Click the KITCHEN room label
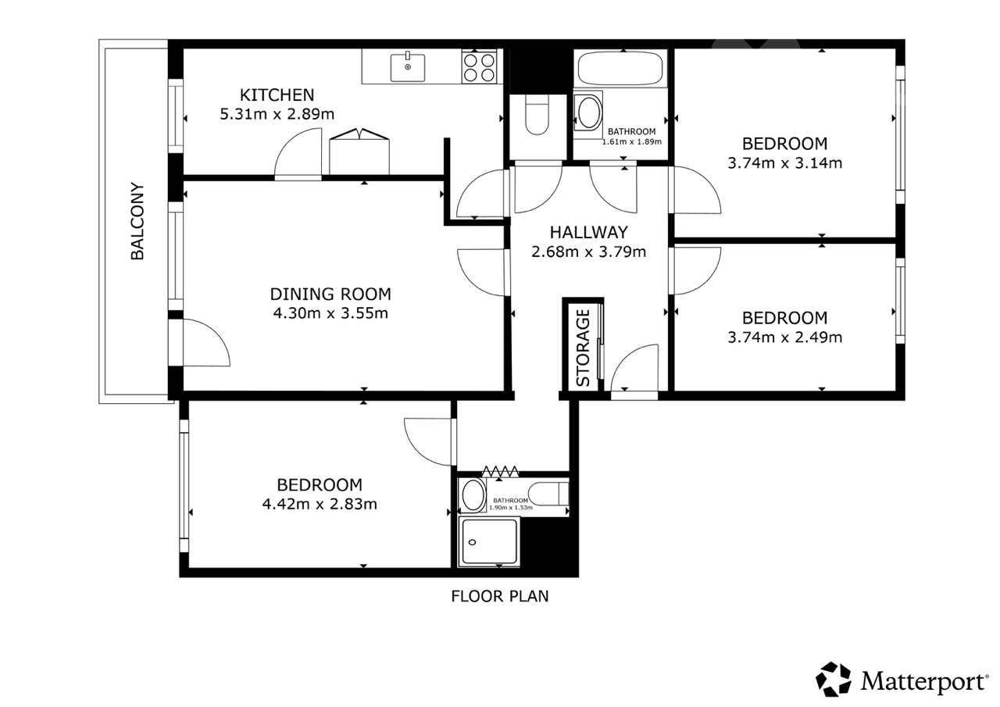(x=277, y=95)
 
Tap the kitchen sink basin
(x=408, y=67)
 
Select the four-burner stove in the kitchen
(x=479, y=66)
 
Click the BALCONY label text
(x=137, y=221)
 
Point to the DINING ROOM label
(x=330, y=295)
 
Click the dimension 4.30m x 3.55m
(x=330, y=313)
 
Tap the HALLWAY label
(x=588, y=233)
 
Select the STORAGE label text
(x=583, y=348)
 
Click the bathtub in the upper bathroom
(x=620, y=68)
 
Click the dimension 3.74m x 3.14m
(x=785, y=163)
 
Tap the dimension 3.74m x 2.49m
(x=785, y=337)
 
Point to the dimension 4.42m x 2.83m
(x=320, y=504)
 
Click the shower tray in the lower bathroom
(x=489, y=541)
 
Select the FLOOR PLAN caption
(x=499, y=596)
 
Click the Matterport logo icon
(x=834, y=680)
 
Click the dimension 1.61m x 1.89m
(x=632, y=142)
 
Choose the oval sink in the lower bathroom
(x=473, y=495)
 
